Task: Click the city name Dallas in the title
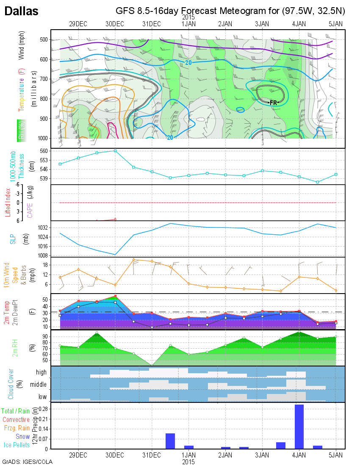click(x=21, y=11)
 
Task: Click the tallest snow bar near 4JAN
click(x=299, y=427)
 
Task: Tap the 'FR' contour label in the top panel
click(x=274, y=103)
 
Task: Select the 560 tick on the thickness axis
click(x=44, y=151)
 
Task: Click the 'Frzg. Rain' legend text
click(x=17, y=428)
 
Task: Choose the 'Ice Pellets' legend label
click(x=17, y=445)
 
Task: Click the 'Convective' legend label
click(x=16, y=420)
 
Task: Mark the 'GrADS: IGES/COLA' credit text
click(x=27, y=462)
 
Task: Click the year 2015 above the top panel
click(x=188, y=17)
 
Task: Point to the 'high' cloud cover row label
click(x=41, y=372)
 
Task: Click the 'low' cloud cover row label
click(x=42, y=397)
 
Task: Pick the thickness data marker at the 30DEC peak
click(x=115, y=151)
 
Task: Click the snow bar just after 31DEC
click(x=170, y=441)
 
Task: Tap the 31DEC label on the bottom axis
click(x=152, y=455)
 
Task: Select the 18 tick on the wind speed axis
click(x=45, y=265)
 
